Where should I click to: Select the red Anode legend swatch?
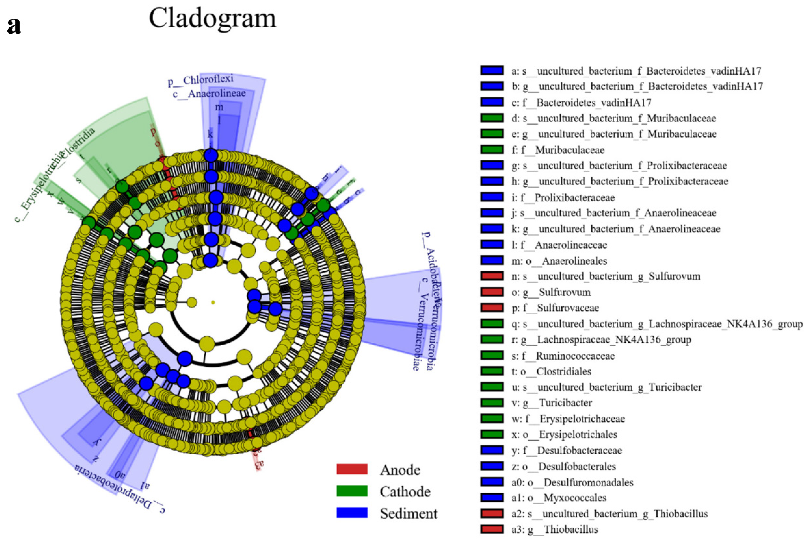pos(352,469)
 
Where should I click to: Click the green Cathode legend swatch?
pos(352,491)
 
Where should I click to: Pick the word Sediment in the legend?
pos(408,513)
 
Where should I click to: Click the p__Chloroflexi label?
pos(200,80)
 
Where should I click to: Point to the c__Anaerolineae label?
pos(209,93)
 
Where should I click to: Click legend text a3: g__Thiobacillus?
pos(555,529)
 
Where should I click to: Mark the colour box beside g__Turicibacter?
pos(492,403)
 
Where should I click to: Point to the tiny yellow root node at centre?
pos(213,302)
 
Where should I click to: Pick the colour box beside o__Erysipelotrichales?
pos(492,434)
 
